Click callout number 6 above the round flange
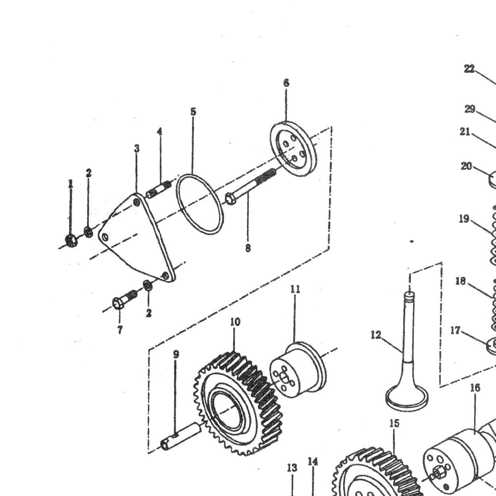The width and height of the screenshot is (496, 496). (x=286, y=83)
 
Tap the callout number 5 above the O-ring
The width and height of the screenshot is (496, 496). (x=193, y=112)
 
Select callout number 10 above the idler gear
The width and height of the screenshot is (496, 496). (x=235, y=322)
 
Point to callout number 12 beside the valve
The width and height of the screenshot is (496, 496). (x=376, y=335)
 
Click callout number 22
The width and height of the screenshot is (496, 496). (x=469, y=69)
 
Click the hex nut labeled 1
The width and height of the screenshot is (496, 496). (x=71, y=241)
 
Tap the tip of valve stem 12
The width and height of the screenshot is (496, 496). (x=410, y=294)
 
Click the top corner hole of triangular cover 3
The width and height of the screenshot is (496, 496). (x=137, y=202)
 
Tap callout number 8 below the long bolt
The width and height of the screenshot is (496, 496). (x=248, y=248)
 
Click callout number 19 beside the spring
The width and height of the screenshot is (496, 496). (x=464, y=219)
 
